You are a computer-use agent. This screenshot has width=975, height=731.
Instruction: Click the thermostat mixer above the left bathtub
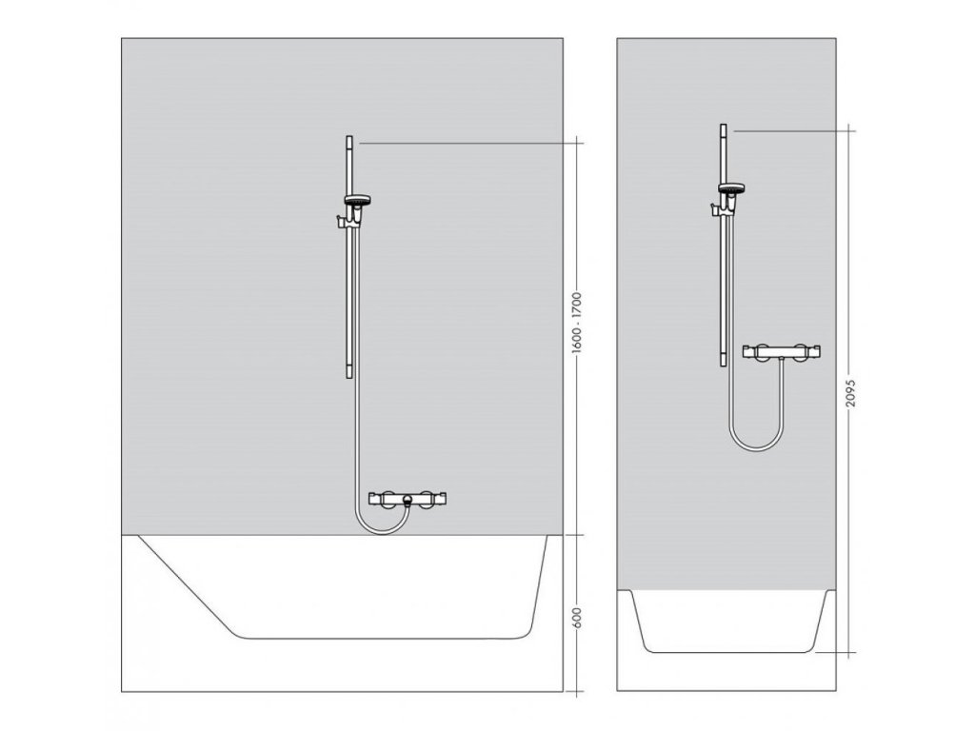tap(408, 498)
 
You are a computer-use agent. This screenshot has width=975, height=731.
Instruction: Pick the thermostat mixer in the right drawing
tap(783, 352)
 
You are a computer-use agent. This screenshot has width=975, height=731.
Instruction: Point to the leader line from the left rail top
tap(467, 142)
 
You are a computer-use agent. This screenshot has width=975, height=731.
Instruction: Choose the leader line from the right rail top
tap(790, 128)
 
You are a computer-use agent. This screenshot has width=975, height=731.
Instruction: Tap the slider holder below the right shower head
tap(716, 207)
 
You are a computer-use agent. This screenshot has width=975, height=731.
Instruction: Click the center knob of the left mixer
tap(408, 499)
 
